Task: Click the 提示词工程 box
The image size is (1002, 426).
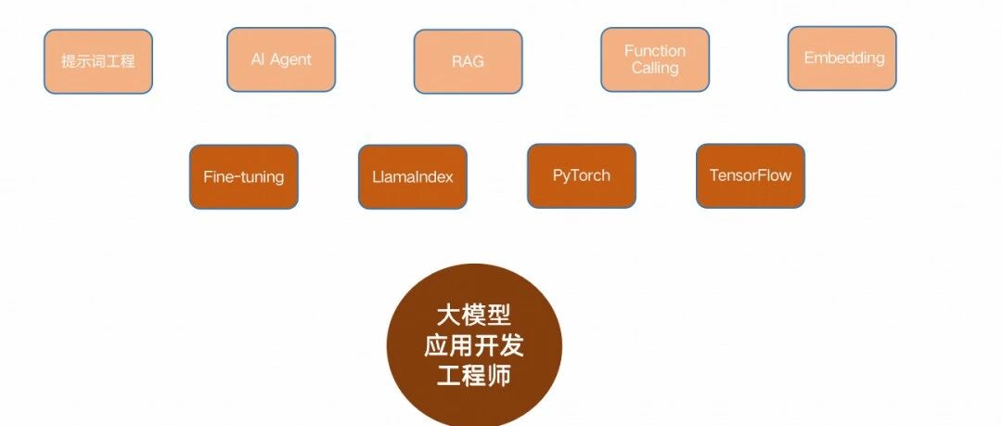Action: point(98,61)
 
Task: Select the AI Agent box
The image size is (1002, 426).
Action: point(281,59)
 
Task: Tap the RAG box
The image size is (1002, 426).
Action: point(469,62)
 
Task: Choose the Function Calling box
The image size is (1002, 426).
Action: point(655,59)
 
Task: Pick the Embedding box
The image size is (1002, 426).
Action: point(842,58)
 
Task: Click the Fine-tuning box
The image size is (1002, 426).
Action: point(244,176)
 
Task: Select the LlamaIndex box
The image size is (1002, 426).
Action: point(413,176)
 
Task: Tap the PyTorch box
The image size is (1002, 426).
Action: point(582,175)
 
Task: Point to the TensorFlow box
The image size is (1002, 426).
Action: point(751,175)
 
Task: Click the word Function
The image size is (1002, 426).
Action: point(655,51)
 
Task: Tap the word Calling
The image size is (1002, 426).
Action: point(655,68)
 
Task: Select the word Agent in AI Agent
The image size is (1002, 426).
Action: point(291,59)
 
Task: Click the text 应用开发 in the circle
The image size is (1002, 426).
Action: point(474,345)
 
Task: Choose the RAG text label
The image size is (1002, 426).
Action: point(469,62)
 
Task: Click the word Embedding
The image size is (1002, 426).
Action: point(844,58)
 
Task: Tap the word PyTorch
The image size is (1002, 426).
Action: point(582,174)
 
